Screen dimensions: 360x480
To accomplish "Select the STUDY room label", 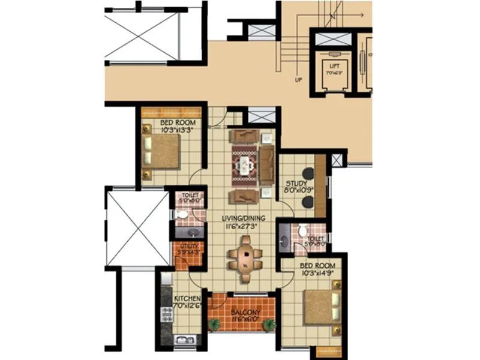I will (x=296, y=184).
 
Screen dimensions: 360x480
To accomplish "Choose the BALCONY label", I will (x=244, y=313).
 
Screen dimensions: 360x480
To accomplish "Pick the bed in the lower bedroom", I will (x=321, y=307).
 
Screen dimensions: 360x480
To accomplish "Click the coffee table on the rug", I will (x=244, y=164).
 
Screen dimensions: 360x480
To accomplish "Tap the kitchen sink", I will (x=181, y=340).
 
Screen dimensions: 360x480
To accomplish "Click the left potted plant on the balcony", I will (x=214, y=325).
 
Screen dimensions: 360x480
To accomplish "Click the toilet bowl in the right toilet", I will (x=303, y=230).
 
